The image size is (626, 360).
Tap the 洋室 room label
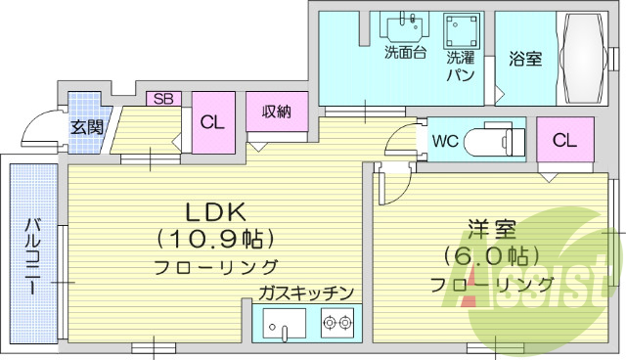pyautogui.click(x=491, y=231)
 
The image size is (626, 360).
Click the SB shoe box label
pyautogui.click(x=163, y=99)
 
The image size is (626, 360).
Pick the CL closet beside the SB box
pyautogui.click(x=211, y=123)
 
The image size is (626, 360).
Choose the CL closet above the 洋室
pyautogui.click(x=564, y=140)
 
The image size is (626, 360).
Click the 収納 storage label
pyautogui.click(x=277, y=112)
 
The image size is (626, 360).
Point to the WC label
pyautogui.click(x=445, y=140)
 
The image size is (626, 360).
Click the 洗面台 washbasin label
pyautogui.click(x=404, y=53)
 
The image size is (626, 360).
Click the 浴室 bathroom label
pyautogui.click(x=524, y=58)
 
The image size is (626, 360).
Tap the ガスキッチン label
pyautogui.click(x=306, y=292)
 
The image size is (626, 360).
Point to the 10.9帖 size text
pyautogui.click(x=214, y=239)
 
